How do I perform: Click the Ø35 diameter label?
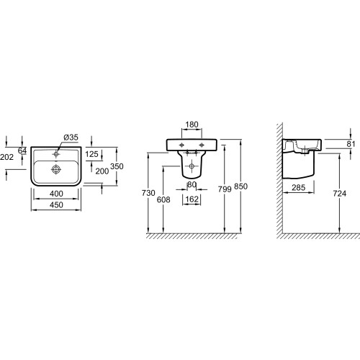pos(71,138)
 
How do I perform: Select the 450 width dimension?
pos(56,205)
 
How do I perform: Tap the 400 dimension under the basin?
pos(56,194)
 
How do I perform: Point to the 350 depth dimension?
pos(117,166)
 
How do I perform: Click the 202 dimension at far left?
pos(6,157)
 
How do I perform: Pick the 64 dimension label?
pos(22,150)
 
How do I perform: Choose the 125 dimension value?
pos(92,154)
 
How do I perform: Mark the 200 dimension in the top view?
pos(102,171)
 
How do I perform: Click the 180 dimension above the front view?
pos(192,125)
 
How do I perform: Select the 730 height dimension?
pos(148,193)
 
